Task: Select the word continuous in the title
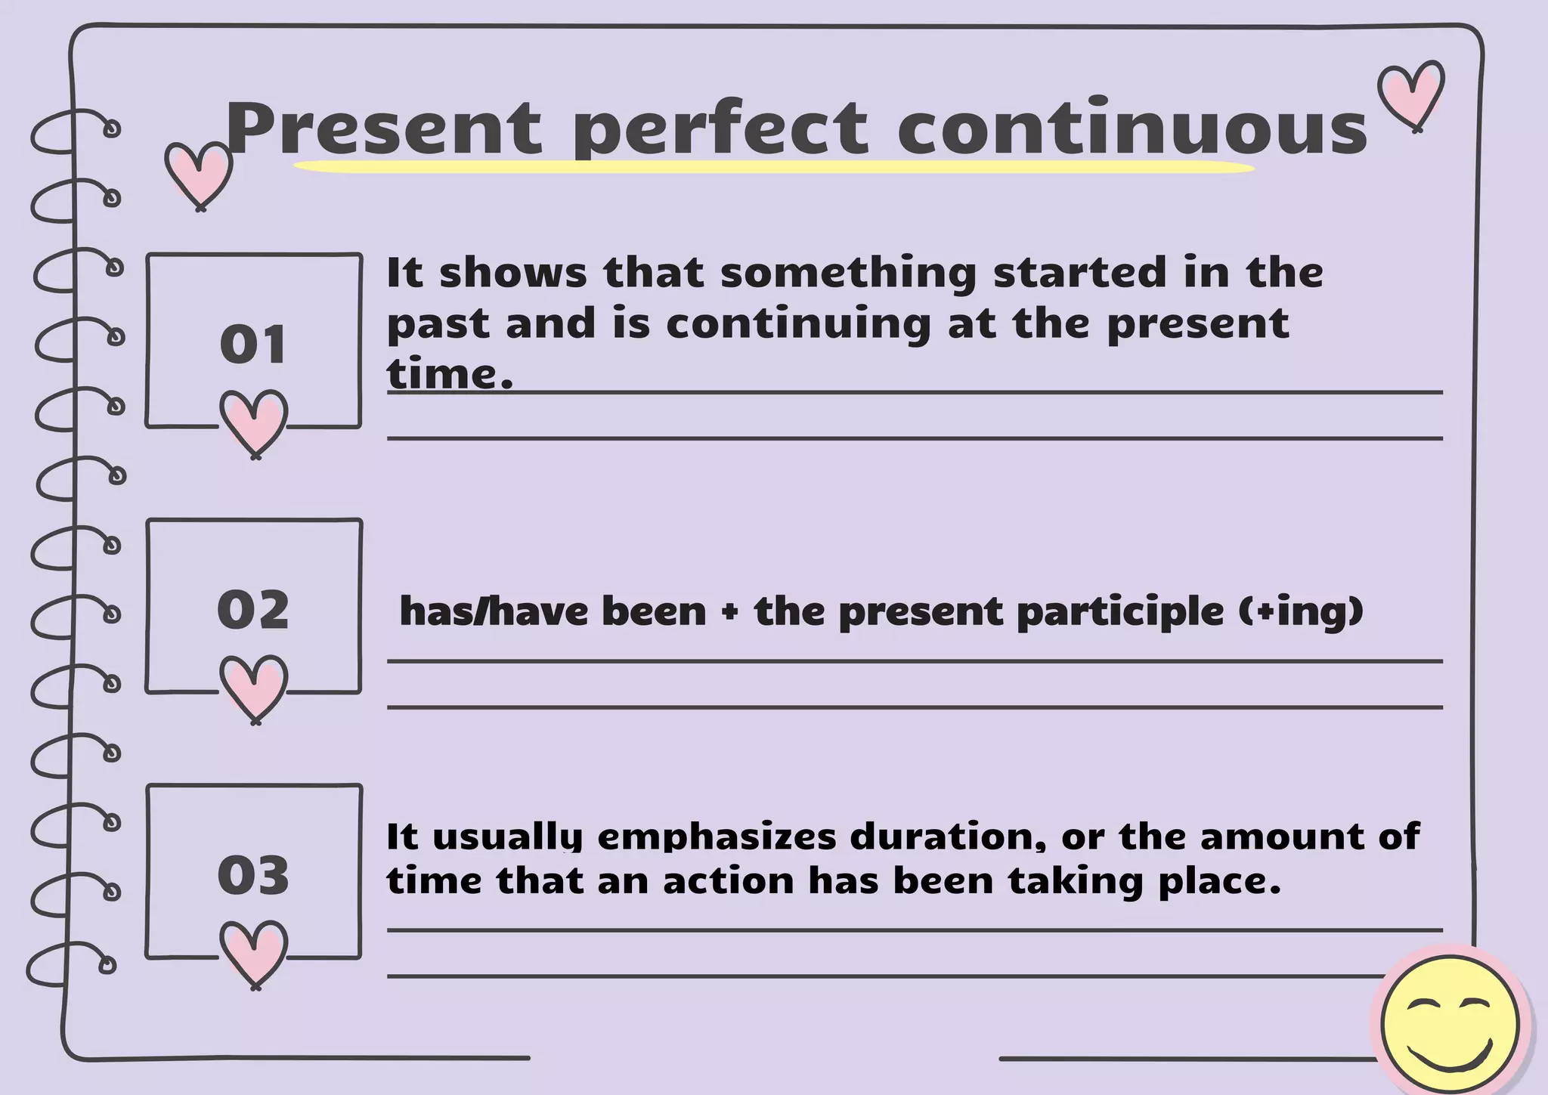1132,128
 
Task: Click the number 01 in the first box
253,345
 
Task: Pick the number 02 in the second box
253,609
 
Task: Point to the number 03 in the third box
253,875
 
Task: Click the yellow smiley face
1449,1023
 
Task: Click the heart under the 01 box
254,422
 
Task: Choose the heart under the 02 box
254,687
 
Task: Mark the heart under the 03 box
254,953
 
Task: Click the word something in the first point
848,274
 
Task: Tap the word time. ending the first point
450,374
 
